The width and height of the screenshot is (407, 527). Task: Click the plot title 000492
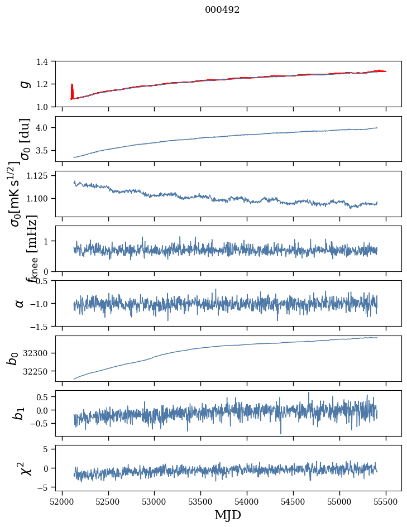pyautogui.click(x=222, y=10)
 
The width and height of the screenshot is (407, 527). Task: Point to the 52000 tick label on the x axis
pyautogui.click(x=62, y=501)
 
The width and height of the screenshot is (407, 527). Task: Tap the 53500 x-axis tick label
pyautogui.click(x=200, y=501)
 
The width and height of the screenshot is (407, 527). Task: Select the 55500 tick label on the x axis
pyautogui.click(x=386, y=501)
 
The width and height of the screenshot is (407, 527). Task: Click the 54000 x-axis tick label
pyautogui.click(x=247, y=501)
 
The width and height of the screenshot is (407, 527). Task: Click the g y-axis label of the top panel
pyautogui.click(x=23, y=84)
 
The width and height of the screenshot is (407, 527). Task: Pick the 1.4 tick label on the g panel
pyautogui.click(x=47, y=61)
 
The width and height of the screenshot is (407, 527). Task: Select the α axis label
pyautogui.click(x=20, y=303)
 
